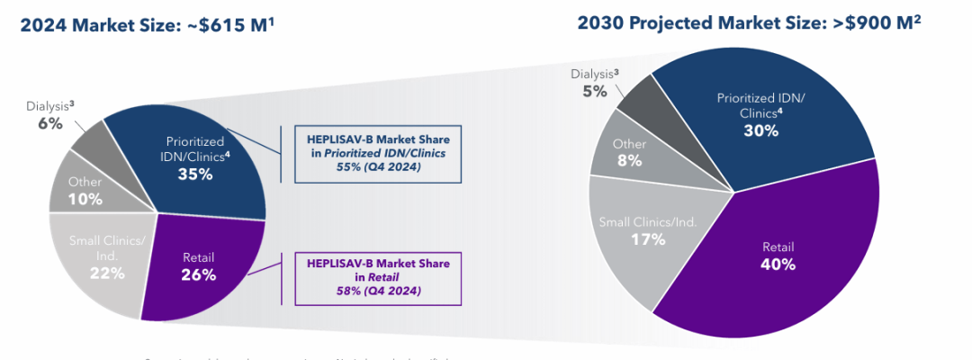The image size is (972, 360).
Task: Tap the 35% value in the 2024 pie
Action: tap(194, 174)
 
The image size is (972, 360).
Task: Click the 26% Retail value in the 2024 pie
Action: tap(198, 274)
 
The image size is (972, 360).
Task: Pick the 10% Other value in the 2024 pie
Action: tap(85, 198)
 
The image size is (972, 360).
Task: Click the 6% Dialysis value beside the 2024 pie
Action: tap(50, 123)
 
